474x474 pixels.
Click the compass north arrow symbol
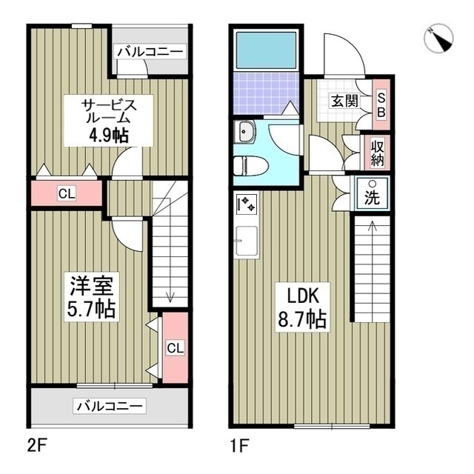pos(442,39)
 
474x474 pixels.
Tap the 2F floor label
pos(39,447)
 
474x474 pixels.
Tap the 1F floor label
pos(239,447)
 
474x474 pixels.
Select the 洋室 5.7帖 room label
pos(93,296)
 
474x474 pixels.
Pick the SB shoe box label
pos(381,104)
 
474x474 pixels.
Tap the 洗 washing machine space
pos(373,193)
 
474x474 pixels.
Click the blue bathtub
pos(265,51)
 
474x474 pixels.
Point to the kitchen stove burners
pos(245,202)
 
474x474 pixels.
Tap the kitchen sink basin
pos(246,241)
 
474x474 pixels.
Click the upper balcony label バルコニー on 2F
pos(150,52)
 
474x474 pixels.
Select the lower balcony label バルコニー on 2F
pos(110,406)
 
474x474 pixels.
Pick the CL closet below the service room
pos(67,195)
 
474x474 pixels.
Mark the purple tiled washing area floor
pos(265,93)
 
